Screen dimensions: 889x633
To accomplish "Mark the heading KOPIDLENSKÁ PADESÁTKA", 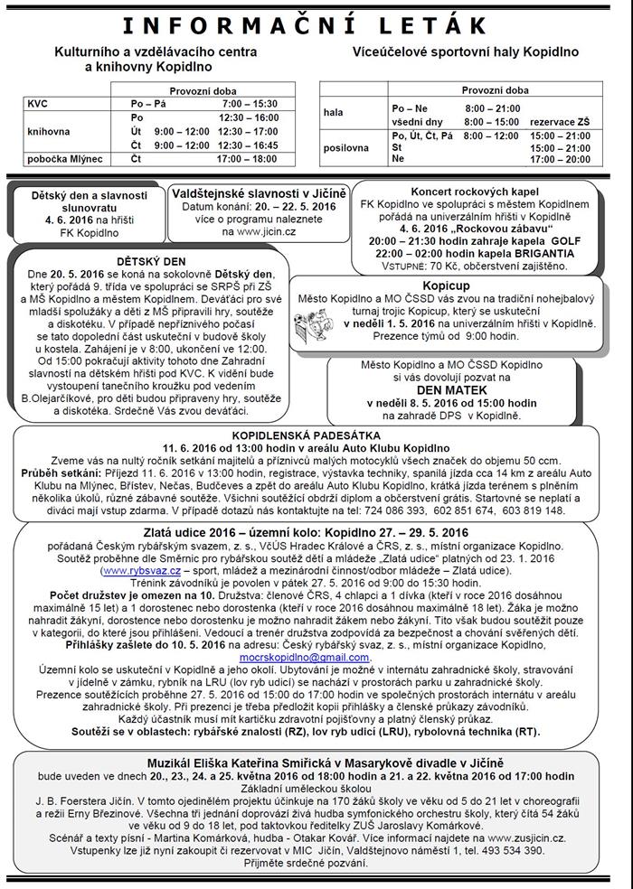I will pyautogui.click(x=316, y=435).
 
